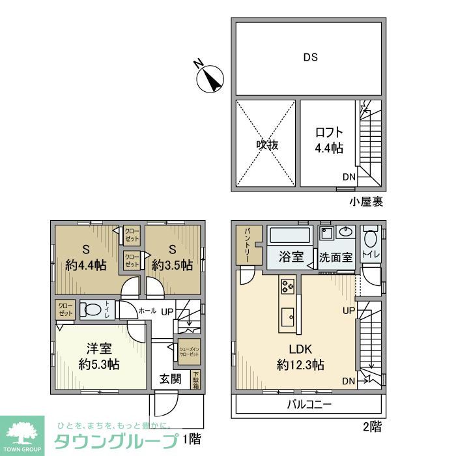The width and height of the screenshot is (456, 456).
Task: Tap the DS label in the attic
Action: [x=310, y=57]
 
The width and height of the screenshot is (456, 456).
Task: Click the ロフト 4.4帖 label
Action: [x=328, y=139]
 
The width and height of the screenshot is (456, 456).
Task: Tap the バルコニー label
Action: [x=309, y=405]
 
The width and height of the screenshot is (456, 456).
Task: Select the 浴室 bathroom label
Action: [x=291, y=257]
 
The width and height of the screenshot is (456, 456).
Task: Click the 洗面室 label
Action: [x=335, y=257]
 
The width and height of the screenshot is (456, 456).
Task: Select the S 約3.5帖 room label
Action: [x=172, y=257]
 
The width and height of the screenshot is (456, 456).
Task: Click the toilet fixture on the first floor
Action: [x=95, y=309]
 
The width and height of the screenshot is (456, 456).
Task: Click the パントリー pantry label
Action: [x=249, y=244]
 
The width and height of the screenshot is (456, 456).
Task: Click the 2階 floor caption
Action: [x=371, y=427]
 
